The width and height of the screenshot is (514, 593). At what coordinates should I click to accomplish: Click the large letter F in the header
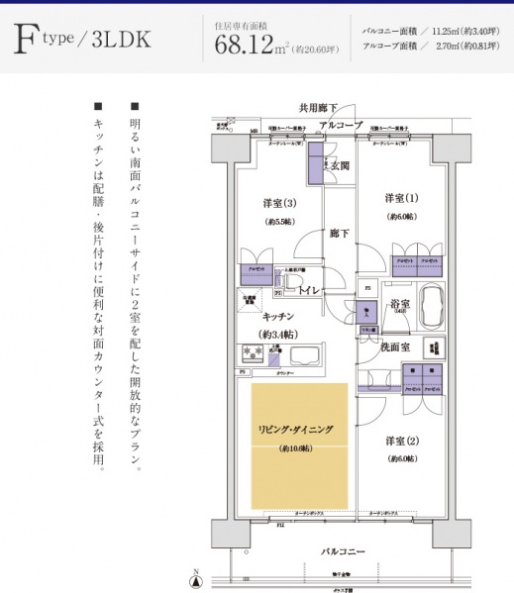(x=26, y=40)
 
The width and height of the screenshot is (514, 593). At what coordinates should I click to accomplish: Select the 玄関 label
(x=340, y=165)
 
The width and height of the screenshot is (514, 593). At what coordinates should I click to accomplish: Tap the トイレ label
(x=310, y=291)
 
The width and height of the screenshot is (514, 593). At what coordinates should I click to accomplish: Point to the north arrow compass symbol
(x=195, y=579)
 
